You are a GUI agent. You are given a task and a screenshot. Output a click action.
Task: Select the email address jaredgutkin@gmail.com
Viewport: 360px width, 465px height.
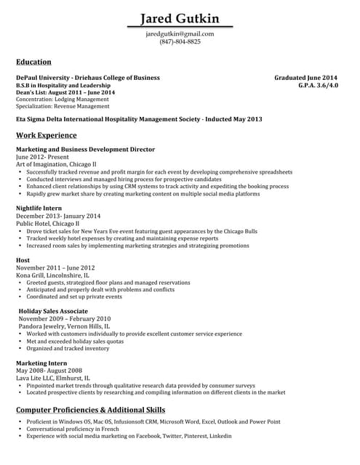180,33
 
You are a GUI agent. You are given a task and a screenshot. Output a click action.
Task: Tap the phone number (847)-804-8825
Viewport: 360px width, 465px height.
180,41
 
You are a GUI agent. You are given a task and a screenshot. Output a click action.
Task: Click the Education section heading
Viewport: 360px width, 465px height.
33,62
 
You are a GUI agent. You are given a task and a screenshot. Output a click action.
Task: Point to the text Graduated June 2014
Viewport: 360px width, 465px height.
305,77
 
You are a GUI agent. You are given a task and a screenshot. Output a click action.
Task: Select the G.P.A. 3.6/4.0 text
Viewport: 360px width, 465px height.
318,85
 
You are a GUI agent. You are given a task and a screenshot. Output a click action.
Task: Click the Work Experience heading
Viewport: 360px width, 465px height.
46,135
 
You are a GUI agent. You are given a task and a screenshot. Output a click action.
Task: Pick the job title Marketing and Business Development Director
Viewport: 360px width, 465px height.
85,149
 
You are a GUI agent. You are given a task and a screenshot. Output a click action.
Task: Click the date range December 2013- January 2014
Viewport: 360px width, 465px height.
58,216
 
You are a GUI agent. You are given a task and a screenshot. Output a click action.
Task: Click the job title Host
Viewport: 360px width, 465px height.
23,259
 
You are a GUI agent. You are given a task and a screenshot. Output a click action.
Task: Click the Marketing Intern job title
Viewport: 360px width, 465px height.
41,363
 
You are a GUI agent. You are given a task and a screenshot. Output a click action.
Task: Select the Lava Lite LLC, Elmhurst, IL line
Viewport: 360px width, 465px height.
53,378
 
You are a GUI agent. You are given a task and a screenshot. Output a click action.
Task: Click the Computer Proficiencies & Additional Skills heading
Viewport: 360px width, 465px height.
90,411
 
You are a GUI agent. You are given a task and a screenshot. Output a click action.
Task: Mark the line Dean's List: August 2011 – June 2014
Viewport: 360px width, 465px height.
65,92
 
